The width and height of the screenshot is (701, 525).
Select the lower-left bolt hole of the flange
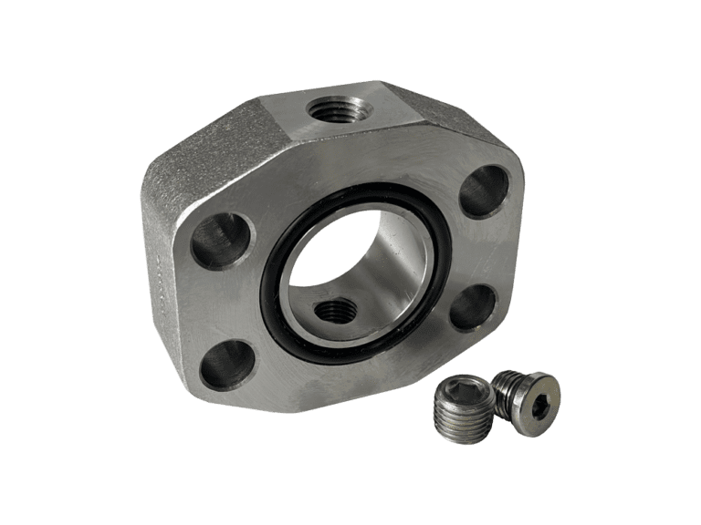pos(224,364)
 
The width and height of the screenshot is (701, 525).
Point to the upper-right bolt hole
pos(481,188)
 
